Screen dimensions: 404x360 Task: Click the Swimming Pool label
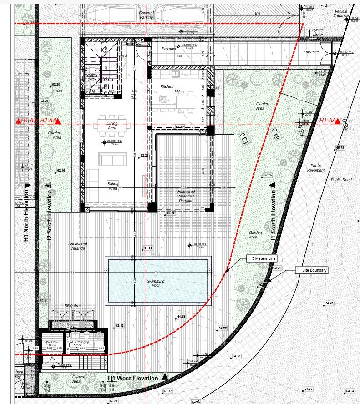pyautogui.click(x=156, y=283)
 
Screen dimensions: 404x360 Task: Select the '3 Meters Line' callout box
pyautogui.click(x=261, y=258)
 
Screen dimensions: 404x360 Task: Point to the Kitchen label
pyautogui.click(x=167, y=86)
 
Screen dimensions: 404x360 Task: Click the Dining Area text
pyautogui.click(x=112, y=126)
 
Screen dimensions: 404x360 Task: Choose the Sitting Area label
pyautogui.click(x=113, y=186)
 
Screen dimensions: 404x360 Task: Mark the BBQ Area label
pyautogui.click(x=73, y=306)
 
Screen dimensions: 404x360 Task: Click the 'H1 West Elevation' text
pyautogui.click(x=133, y=378)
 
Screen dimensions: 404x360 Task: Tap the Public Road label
pyautogui.click(x=341, y=180)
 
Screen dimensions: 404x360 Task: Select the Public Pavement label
pyautogui.click(x=316, y=168)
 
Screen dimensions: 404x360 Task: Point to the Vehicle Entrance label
pyautogui.click(x=341, y=13)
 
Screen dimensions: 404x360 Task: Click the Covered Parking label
pyautogui.click(x=147, y=15)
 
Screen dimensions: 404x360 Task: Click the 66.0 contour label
pyautogui.click(x=345, y=123)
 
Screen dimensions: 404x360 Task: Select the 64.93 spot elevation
pyautogui.click(x=181, y=316)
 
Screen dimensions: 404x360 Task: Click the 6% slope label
pyautogui.click(x=258, y=13)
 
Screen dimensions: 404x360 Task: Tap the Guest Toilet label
pyautogui.click(x=92, y=77)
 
